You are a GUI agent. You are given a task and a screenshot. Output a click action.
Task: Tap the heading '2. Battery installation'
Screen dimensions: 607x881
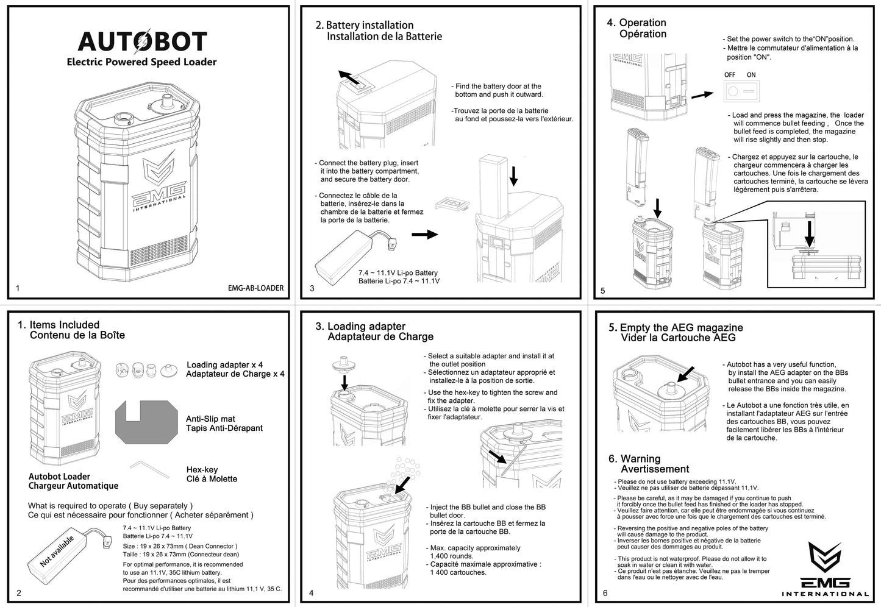point(364,25)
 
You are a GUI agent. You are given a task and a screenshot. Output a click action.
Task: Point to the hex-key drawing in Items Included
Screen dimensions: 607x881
point(149,470)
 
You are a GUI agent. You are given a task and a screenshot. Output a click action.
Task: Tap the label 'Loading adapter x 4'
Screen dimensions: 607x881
point(224,364)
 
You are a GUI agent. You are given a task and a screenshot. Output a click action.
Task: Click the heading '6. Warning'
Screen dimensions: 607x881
point(634,458)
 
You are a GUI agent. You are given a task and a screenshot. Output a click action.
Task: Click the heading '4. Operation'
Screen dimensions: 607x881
point(637,23)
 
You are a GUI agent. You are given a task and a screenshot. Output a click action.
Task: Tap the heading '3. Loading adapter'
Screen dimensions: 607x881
point(360,326)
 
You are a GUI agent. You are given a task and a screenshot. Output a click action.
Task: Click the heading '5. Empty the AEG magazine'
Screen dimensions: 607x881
point(676,327)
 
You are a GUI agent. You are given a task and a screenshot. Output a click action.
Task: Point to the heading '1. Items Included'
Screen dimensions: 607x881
point(59,325)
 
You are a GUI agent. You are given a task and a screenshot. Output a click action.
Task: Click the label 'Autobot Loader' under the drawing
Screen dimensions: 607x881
point(59,476)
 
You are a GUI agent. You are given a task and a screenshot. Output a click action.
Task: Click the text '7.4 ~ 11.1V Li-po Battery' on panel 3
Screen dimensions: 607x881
point(398,272)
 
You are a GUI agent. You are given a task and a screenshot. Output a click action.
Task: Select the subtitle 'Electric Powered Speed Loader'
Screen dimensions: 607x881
point(141,62)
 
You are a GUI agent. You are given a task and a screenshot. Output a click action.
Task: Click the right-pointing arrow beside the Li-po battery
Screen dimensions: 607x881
point(424,235)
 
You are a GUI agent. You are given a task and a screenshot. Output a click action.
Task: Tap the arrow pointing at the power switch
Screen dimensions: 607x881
point(702,94)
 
